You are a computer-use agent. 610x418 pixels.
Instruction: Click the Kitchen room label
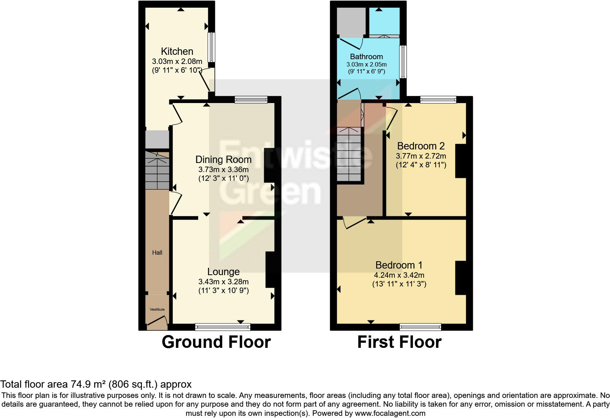(177, 52)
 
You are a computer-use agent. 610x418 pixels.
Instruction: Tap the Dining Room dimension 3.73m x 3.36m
(223, 170)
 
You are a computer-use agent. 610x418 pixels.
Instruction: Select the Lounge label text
(223, 271)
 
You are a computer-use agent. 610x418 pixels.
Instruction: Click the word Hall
(157, 252)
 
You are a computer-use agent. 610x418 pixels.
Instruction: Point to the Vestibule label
(157, 309)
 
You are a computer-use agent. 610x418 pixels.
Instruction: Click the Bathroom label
(366, 57)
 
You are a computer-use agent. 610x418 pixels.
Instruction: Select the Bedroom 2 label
(421, 146)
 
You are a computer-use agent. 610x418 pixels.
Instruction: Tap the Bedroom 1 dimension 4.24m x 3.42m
(399, 275)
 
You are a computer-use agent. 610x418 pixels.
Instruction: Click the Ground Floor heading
(216, 342)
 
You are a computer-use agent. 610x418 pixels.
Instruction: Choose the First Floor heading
(399, 342)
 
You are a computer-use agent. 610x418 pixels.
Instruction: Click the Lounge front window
(223, 327)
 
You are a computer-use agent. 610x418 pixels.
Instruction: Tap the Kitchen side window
(211, 47)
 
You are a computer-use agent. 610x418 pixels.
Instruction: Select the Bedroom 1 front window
(420, 327)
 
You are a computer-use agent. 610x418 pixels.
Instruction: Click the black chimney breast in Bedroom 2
(460, 161)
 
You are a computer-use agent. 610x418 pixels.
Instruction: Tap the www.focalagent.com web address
(390, 413)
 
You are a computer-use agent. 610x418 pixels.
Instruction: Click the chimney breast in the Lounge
(270, 270)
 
